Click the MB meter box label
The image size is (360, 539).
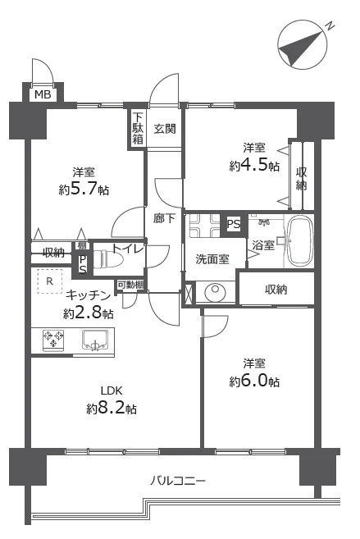point(43,94)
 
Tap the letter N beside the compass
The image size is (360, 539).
point(330,26)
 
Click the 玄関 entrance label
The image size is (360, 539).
point(165,129)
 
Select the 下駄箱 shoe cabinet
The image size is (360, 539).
point(138,128)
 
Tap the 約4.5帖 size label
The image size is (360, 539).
point(254,166)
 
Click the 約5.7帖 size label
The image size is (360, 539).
point(84,190)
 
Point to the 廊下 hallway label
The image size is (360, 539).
point(164,218)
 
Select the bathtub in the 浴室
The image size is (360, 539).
point(300,241)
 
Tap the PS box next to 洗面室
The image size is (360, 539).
point(234,224)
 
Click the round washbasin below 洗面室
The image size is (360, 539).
point(215,293)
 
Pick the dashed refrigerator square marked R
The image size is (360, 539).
point(50,281)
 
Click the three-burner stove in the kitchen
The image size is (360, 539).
point(53,340)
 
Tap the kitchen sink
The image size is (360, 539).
point(95,340)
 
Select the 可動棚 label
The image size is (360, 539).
point(130,285)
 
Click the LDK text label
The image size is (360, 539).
point(112,391)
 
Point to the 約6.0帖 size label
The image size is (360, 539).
point(254,381)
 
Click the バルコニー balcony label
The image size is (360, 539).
point(178,480)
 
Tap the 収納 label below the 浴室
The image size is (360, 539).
point(276,290)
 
